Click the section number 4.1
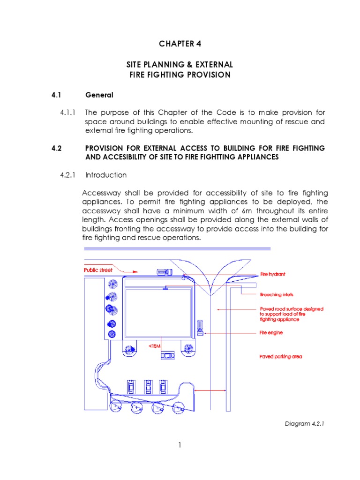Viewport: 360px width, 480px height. pos(57,95)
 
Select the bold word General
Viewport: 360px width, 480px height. pos(99,95)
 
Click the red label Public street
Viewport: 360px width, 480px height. pos(97,270)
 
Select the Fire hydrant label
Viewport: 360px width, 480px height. pos(273,274)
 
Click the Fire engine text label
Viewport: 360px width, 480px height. pos(271,333)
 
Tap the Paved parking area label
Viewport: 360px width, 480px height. pos(281,357)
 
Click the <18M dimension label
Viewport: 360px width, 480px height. pos(154,346)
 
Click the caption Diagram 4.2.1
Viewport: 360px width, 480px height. pos(305,424)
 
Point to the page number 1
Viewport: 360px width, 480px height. pos(180,445)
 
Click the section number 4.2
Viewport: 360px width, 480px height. pos(57,149)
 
